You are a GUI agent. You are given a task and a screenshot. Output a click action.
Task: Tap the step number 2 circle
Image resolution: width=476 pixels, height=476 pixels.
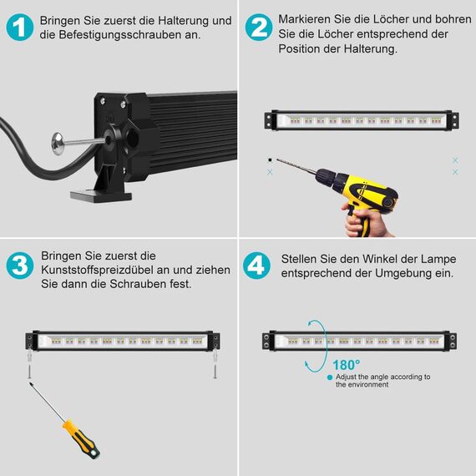[x=259, y=28]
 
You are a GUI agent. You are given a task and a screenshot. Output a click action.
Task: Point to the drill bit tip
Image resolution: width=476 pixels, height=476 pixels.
[x=270, y=160]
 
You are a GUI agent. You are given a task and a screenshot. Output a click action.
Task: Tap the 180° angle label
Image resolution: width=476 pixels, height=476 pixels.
[x=346, y=364]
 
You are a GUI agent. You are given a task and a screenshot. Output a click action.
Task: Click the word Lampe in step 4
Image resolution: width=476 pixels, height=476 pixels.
[x=421, y=260]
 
